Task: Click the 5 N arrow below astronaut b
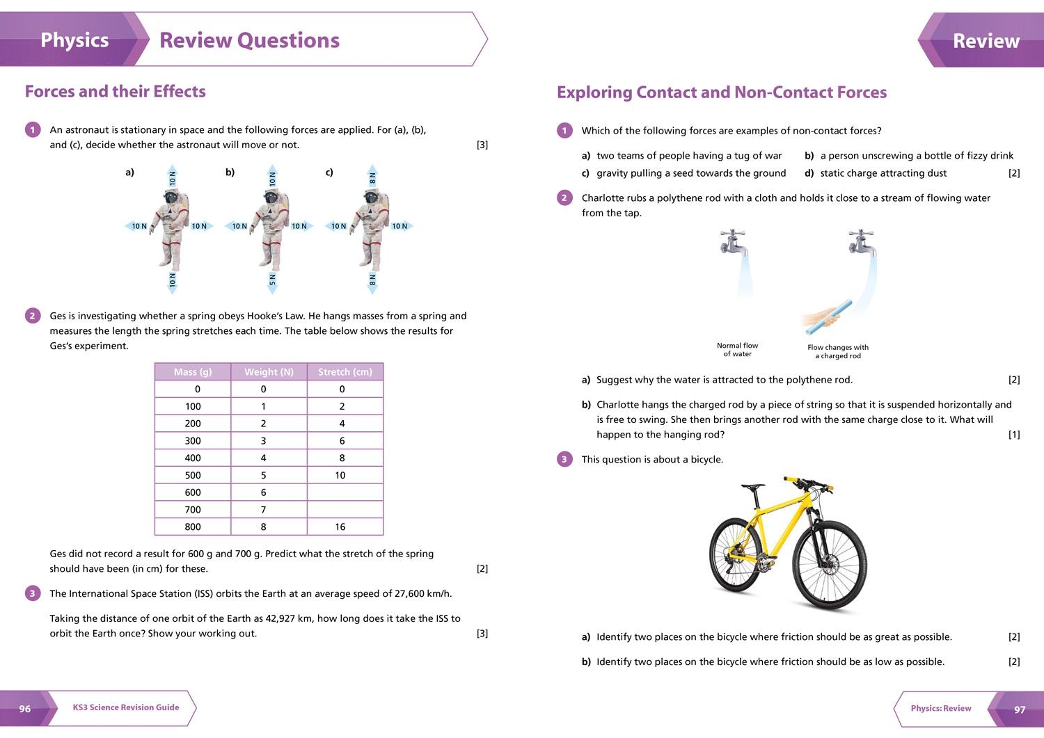272,279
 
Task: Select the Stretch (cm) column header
345,372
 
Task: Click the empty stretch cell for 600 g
345,492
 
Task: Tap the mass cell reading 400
193,458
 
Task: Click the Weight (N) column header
269,372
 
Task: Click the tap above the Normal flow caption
733,242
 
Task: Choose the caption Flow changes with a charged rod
838,351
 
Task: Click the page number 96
25,709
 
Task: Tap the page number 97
1020,709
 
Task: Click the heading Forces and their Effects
116,92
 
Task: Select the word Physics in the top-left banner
74,40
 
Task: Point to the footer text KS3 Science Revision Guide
126,707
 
